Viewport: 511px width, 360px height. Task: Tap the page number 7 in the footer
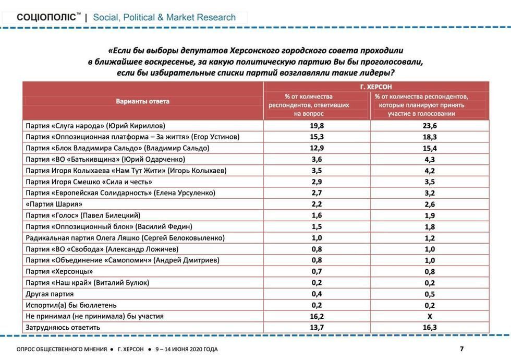pyautogui.click(x=461, y=349)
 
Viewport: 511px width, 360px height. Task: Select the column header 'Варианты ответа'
pyautogui.click(x=142, y=101)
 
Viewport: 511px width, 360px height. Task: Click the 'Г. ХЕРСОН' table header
pyautogui.click(x=376, y=87)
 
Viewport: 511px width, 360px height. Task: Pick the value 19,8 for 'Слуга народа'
pyautogui.click(x=316, y=126)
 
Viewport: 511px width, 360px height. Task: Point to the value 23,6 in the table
pyautogui.click(x=430, y=126)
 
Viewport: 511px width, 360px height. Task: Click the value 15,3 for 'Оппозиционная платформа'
pyautogui.click(x=316, y=137)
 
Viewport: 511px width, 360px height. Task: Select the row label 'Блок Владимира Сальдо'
pyautogui.click(x=117, y=148)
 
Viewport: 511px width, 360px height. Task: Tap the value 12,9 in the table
pyautogui.click(x=316, y=148)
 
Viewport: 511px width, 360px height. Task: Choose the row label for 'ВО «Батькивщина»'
pyautogui.click(x=105, y=159)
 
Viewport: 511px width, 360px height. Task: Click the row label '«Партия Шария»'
pyautogui.click(x=54, y=204)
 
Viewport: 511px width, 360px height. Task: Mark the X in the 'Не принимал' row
pyautogui.click(x=430, y=316)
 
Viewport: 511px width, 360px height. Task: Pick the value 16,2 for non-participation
pyautogui.click(x=316, y=316)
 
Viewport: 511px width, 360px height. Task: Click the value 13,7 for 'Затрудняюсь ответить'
pyautogui.click(x=316, y=327)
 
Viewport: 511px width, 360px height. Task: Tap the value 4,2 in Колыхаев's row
pyautogui.click(x=430, y=171)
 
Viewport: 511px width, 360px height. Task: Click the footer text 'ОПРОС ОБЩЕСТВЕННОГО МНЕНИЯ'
pyautogui.click(x=61, y=349)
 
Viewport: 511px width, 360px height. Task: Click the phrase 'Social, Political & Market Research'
pyautogui.click(x=164, y=17)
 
